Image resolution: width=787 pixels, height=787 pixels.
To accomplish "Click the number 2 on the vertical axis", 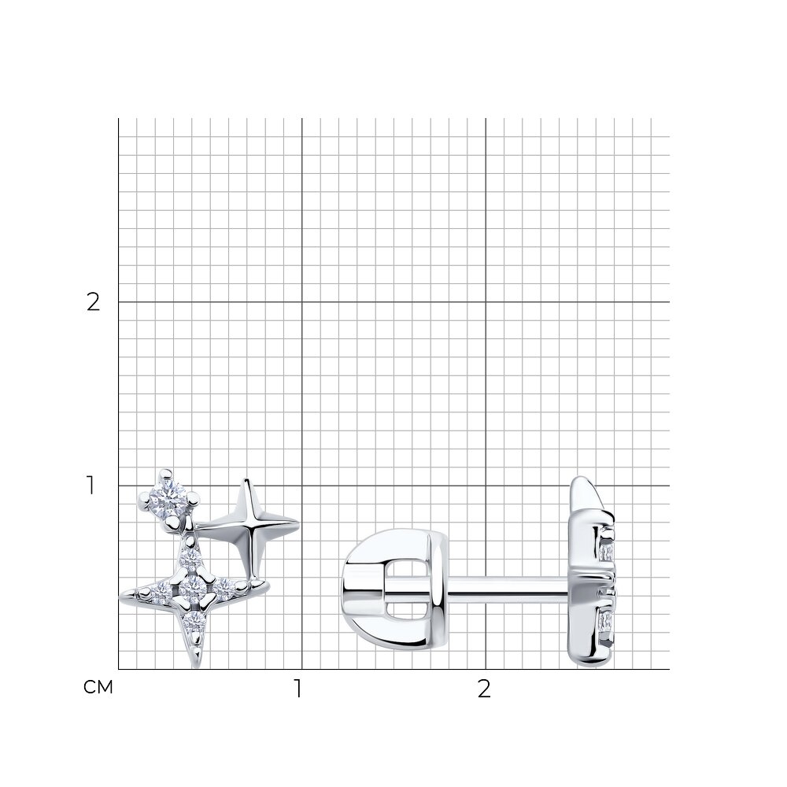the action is (94, 302).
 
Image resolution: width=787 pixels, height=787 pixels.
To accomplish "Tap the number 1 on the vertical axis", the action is (91, 486).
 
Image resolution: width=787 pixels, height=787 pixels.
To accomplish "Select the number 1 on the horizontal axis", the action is (298, 689).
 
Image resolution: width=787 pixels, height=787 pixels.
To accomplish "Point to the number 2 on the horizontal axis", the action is (484, 689).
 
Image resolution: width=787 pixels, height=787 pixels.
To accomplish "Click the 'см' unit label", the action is (98, 687).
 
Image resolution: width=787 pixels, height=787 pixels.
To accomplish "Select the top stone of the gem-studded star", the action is (192, 556).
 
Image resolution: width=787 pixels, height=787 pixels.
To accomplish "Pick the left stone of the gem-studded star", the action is (163, 593).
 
